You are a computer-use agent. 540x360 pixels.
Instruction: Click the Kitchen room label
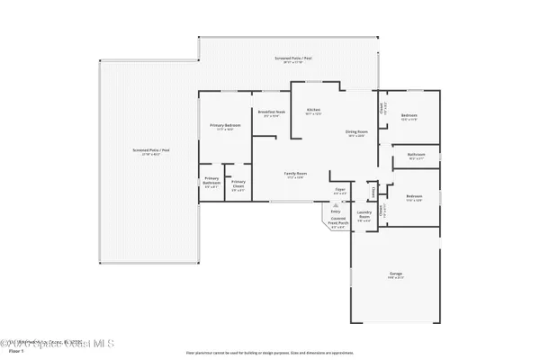pos(313,110)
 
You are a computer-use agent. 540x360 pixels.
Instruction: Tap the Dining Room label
pos(355,133)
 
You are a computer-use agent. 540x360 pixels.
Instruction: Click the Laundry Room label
pos(364,215)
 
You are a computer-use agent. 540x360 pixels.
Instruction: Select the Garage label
pos(396,275)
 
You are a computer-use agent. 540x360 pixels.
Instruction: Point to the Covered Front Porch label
pos(338,223)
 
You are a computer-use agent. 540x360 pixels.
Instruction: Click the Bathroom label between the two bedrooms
pos(416,154)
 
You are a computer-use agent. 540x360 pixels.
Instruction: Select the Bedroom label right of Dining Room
pos(409,116)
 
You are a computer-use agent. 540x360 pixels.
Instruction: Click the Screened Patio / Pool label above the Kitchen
pos(289,58)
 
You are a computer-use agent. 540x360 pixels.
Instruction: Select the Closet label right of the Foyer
pos(372,190)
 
